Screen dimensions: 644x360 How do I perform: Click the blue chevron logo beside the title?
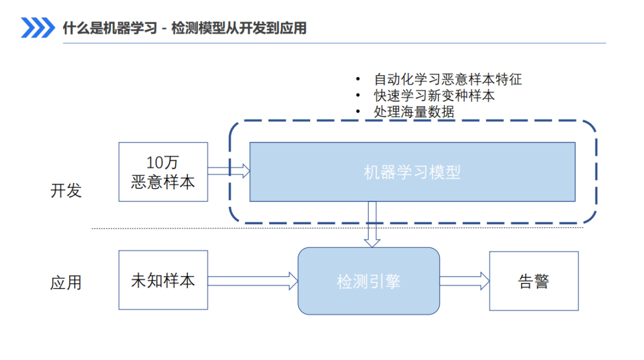tap(38, 27)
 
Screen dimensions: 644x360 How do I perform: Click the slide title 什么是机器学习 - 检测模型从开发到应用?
tap(184, 28)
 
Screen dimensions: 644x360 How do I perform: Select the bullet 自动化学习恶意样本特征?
tap(448, 79)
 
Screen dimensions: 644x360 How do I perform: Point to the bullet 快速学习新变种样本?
tap(434, 95)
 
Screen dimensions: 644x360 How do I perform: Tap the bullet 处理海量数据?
tap(414, 111)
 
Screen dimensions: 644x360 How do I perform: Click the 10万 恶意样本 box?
tap(163, 172)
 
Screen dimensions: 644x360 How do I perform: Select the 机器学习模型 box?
tap(413, 172)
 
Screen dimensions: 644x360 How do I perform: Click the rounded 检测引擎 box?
tap(369, 281)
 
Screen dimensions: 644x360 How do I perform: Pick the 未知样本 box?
tap(163, 280)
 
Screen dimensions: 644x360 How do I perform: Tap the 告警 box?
tap(534, 281)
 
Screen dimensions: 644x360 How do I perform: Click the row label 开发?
tap(66, 191)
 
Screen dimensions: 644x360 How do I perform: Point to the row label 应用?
tap(66, 283)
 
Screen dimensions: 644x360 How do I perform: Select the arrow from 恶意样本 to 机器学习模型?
tap(229, 171)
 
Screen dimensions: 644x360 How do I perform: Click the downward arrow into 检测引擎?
tap(372, 224)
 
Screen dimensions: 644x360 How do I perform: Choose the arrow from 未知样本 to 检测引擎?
tap(253, 281)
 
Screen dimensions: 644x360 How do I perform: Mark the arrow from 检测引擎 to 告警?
tap(465, 281)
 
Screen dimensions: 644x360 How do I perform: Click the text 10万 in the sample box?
tap(163, 163)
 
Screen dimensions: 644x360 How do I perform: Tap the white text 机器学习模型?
tap(413, 172)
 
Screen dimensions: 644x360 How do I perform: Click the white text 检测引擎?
tap(369, 281)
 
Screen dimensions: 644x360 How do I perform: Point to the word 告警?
tap(534, 281)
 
